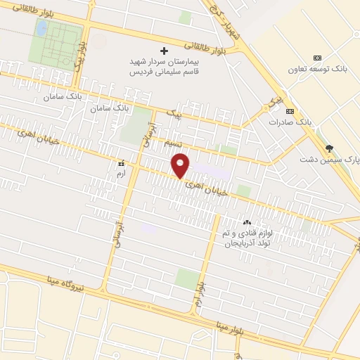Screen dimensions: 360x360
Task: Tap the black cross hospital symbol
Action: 165,51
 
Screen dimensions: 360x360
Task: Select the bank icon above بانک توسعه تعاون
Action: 318,57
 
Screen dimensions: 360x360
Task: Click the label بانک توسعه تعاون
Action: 318,69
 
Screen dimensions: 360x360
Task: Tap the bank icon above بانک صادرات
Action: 289,111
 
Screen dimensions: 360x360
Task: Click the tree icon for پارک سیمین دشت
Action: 329,147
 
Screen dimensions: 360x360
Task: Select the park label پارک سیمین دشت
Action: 335,160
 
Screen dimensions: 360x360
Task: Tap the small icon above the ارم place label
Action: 121,161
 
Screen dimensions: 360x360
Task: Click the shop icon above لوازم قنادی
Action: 246,221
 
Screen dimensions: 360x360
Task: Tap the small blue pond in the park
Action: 41,27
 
